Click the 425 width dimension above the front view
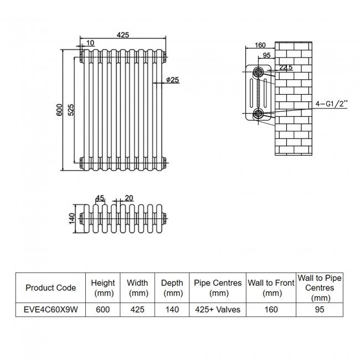tap(122, 35)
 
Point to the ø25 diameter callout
tap(172, 80)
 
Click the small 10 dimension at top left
tap(90, 43)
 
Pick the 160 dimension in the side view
tap(260, 45)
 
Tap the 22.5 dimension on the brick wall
tap(286, 68)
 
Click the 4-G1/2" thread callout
tap(331, 104)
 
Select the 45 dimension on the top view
tap(100, 198)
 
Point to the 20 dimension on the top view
tap(128, 198)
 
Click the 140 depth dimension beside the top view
tap(71, 218)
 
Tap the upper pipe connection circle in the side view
tap(258, 72)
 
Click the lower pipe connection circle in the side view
tap(258, 114)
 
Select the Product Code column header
tap(51, 287)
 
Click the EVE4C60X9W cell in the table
tap(51, 310)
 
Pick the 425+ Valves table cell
tap(218, 310)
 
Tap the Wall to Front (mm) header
tap(271, 287)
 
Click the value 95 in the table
tap(320, 310)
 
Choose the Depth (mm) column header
tap(172, 287)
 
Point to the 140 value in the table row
tap(172, 310)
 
